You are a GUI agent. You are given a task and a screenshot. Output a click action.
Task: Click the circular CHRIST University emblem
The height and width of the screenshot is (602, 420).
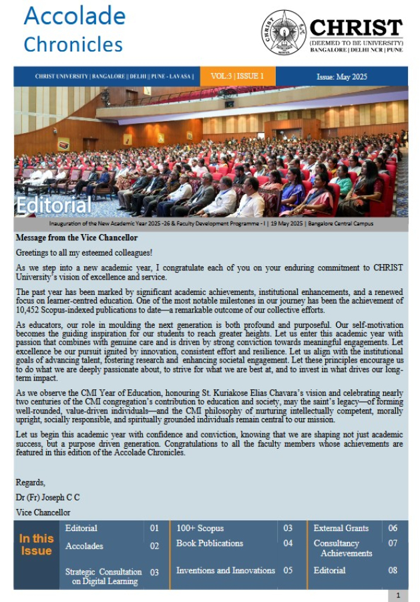click(284, 33)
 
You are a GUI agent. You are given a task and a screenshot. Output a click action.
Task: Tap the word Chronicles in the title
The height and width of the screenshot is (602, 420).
click(73, 44)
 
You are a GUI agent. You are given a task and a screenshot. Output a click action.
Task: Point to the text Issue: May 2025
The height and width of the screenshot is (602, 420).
click(343, 77)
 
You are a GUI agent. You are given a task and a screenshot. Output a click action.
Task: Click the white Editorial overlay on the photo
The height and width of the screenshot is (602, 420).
click(54, 204)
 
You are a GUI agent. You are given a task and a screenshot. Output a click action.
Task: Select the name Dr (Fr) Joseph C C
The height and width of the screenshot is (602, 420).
click(47, 498)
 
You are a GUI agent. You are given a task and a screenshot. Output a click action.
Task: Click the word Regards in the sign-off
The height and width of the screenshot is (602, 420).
click(31, 482)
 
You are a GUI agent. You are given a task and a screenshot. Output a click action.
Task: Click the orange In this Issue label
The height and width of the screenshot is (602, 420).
click(36, 544)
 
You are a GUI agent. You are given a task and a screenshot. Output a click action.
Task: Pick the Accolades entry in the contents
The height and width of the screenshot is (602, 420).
click(84, 546)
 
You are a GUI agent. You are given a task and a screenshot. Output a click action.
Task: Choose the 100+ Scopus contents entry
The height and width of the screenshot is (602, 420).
click(200, 528)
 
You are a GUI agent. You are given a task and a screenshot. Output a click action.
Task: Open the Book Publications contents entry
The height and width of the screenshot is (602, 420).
click(210, 543)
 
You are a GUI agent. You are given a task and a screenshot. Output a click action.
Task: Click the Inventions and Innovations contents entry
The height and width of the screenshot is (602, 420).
click(225, 571)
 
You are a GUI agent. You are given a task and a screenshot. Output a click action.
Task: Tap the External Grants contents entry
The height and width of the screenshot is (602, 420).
click(341, 528)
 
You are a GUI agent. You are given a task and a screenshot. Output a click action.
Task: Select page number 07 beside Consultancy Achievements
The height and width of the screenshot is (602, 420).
click(393, 543)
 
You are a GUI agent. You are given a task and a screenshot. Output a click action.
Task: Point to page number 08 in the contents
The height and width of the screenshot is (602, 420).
click(393, 571)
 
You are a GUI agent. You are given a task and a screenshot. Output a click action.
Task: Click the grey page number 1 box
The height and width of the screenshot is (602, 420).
click(398, 595)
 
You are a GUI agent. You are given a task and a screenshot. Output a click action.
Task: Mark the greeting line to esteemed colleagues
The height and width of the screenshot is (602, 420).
click(85, 252)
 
